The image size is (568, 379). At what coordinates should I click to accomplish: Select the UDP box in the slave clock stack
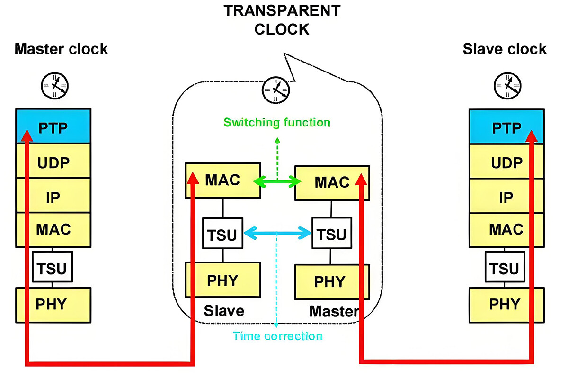(506, 162)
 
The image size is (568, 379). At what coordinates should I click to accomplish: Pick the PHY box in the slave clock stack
(506, 304)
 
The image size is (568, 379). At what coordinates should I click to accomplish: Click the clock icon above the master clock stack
(54, 86)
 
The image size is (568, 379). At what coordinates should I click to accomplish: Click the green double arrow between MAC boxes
(278, 181)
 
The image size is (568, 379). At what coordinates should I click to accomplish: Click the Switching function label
(277, 123)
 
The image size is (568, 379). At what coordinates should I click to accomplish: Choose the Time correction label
(278, 336)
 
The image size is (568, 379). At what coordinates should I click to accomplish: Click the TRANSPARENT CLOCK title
(281, 20)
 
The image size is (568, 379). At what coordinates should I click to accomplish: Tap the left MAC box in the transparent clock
(223, 180)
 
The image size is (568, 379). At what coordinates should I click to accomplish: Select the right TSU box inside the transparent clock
(331, 234)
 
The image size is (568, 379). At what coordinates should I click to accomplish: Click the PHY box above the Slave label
(223, 280)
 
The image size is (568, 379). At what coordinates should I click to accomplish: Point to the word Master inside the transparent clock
(333, 311)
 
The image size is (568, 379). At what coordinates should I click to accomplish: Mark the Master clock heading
(61, 49)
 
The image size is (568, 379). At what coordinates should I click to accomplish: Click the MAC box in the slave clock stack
(506, 230)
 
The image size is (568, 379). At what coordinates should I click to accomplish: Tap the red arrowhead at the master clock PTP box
(27, 135)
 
